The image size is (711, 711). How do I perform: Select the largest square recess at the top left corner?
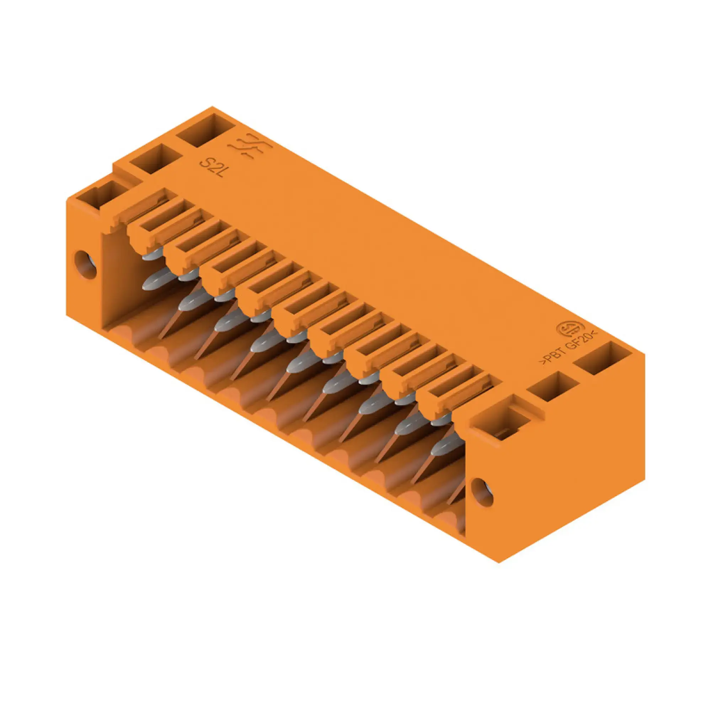(205, 130)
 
